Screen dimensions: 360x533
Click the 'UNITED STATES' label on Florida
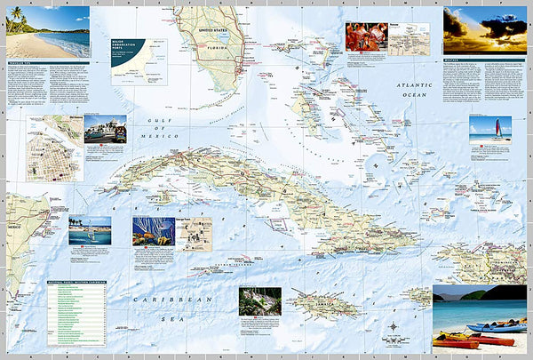coord(212,29)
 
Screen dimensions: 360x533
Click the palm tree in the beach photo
coord(16,18)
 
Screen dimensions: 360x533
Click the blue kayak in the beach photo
coord(497,329)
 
